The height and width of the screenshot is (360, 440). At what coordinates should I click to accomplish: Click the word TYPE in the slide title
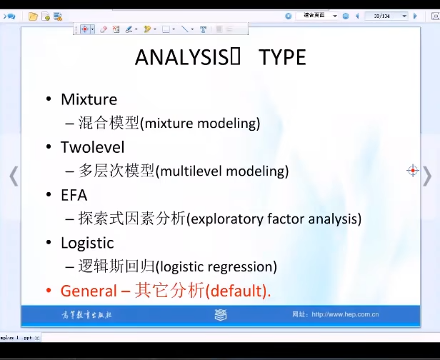pos(282,57)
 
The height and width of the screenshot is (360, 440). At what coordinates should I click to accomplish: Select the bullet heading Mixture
pos(89,99)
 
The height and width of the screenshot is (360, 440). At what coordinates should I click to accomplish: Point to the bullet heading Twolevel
pos(92,147)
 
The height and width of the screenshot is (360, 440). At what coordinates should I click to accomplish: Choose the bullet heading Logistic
pos(87,243)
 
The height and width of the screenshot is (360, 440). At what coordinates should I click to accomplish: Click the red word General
pos(88,291)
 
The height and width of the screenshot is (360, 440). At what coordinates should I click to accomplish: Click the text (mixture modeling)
pos(200,124)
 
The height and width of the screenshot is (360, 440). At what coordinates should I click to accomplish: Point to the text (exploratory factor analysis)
pos(274,219)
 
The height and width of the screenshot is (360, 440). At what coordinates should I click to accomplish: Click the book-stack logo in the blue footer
pos(221,314)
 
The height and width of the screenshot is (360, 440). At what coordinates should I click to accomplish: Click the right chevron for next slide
pos(426,175)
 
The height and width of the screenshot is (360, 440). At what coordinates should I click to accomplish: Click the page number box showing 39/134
pos(386,16)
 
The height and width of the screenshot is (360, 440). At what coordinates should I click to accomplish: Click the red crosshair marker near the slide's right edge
pos(412,170)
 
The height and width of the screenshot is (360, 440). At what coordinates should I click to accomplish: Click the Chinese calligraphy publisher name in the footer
pos(86,314)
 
